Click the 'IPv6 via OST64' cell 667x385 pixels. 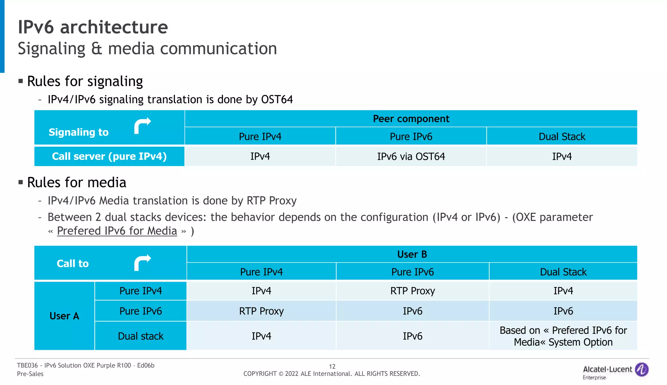pyautogui.click(x=411, y=156)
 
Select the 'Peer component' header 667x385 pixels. pyautogui.click(x=411, y=119)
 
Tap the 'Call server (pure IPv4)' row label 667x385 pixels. pyautogui.click(x=109, y=156)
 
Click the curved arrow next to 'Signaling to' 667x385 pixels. pyautogui.click(x=142, y=125)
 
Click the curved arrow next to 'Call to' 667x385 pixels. pyautogui.click(x=142, y=263)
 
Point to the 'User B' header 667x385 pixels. pyautogui.click(x=412, y=254)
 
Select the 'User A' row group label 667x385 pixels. pyautogui.click(x=64, y=316)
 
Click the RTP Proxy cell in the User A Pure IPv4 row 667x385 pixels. pyautogui.click(x=412, y=291)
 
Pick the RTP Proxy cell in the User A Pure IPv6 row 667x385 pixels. pyautogui.click(x=261, y=311)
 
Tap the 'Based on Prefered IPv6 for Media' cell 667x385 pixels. pyautogui.click(x=563, y=336)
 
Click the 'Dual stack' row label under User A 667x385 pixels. pyautogui.click(x=140, y=336)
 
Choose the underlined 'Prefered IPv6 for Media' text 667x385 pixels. pyautogui.click(x=117, y=231)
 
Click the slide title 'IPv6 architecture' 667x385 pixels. pyautogui.click(x=93, y=27)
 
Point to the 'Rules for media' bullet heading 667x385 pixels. pyautogui.click(x=77, y=182)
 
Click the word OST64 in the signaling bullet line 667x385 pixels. pyautogui.click(x=277, y=99)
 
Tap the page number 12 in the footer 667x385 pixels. pyautogui.click(x=332, y=366)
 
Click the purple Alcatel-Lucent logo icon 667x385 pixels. pyautogui.click(x=642, y=370)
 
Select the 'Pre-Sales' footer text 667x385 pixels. pyautogui.click(x=30, y=374)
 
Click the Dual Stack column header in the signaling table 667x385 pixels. pyautogui.click(x=562, y=136)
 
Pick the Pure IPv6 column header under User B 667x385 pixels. pyautogui.click(x=412, y=272)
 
